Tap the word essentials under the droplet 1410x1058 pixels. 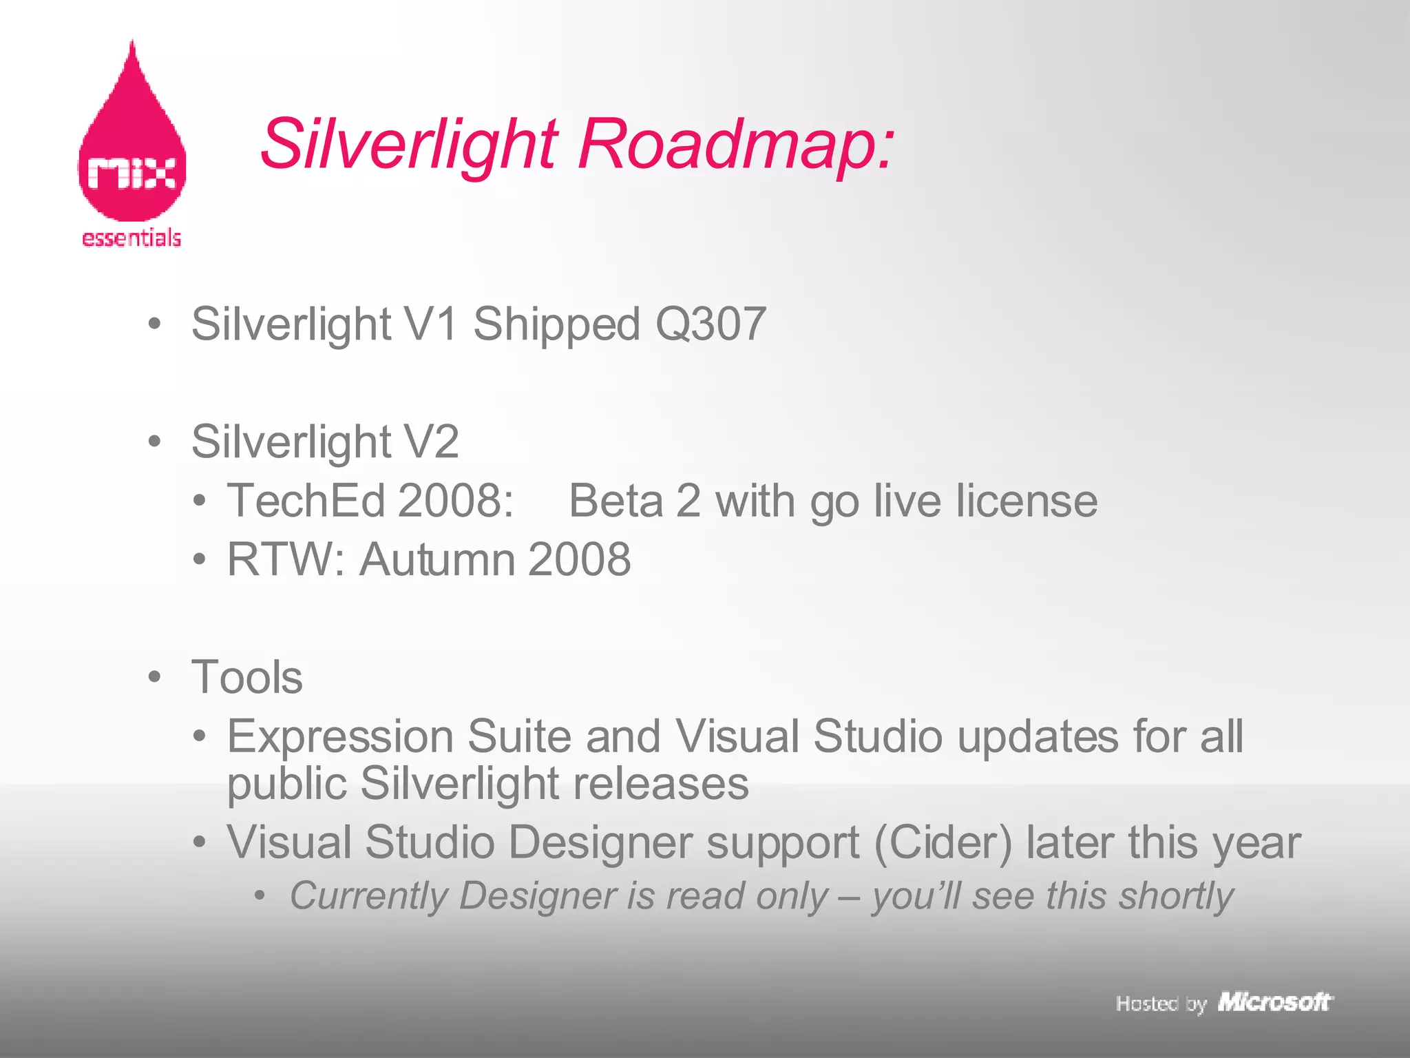[x=131, y=238]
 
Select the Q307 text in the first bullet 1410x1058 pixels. [x=711, y=324]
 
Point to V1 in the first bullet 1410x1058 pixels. [x=432, y=324]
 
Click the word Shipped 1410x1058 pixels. [x=557, y=325]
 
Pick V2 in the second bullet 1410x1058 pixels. [x=432, y=442]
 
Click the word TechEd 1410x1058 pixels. [x=306, y=501]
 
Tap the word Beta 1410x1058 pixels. [x=615, y=501]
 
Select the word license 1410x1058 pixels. [x=1027, y=501]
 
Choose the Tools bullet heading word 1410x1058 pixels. [x=247, y=677]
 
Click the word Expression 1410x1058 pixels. [x=340, y=737]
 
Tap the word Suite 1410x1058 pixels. [x=519, y=736]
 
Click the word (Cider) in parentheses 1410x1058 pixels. [x=943, y=842]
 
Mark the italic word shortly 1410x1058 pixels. [x=1176, y=896]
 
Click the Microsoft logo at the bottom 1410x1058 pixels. [x=1275, y=1002]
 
